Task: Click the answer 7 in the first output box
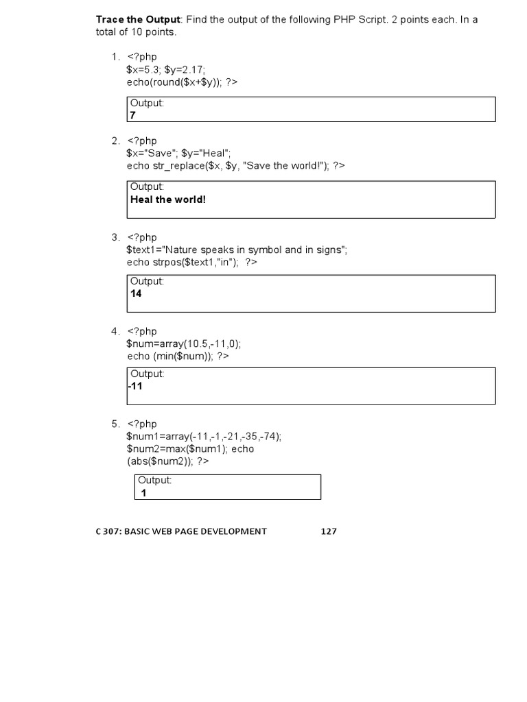click(x=133, y=115)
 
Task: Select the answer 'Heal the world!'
click(x=168, y=199)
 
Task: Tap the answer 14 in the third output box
click(x=136, y=293)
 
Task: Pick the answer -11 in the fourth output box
click(x=135, y=386)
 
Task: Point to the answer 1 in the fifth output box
click(x=144, y=493)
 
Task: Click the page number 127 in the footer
click(x=329, y=531)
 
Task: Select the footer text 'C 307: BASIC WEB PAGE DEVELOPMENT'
click(x=181, y=531)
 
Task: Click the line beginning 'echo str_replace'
click(x=235, y=166)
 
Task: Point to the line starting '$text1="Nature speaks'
click(x=237, y=250)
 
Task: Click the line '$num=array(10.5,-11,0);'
click(x=184, y=344)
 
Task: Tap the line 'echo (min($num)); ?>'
click(x=178, y=356)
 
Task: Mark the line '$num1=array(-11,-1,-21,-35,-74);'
click(x=204, y=437)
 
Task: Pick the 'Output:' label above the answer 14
click(x=147, y=281)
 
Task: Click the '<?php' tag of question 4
click(x=142, y=332)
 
